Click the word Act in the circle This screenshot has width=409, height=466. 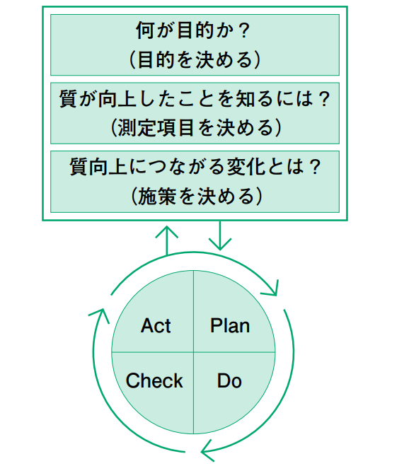(156, 326)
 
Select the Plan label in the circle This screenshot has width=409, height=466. (230, 326)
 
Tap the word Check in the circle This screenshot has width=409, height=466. (154, 380)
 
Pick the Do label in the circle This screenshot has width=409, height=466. (229, 380)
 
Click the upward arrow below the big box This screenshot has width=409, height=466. (166, 240)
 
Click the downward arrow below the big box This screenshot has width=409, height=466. (220, 235)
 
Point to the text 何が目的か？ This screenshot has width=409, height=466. (193, 30)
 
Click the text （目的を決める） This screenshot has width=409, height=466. (195, 59)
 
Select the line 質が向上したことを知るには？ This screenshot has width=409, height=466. (195, 99)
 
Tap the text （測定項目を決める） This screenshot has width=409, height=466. (195, 128)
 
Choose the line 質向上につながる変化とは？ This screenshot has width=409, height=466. (195, 167)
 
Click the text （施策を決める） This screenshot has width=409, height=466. (196, 196)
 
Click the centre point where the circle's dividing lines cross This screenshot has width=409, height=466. (194, 352)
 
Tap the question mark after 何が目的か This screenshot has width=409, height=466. (243, 30)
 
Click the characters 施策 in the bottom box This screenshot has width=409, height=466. (157, 196)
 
